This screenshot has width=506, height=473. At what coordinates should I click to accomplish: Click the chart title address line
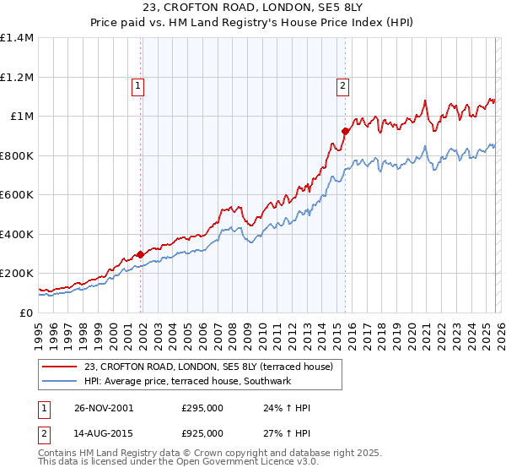253,8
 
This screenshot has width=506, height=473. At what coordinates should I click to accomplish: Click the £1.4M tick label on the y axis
17,38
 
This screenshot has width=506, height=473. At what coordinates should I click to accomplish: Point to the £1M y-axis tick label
21,117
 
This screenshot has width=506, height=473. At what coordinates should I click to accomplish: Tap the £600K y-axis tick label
17,195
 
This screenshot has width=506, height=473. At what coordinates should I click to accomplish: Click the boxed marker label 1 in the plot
137,84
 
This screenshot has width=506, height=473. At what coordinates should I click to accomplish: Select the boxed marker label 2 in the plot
342,84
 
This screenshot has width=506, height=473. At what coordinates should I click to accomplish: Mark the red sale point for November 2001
141,254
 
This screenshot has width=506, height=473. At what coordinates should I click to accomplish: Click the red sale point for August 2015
345,131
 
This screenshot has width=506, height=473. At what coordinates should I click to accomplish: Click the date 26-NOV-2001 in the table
103,408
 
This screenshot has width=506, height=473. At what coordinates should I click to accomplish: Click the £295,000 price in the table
202,408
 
